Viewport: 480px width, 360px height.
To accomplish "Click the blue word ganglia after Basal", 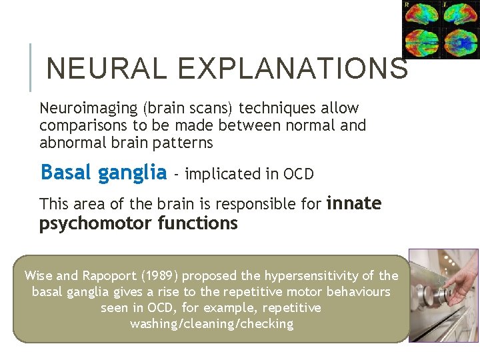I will pos(132,173).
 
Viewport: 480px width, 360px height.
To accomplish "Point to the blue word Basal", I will pos(67,173).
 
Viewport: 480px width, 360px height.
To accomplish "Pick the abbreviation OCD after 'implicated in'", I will pos(299,174).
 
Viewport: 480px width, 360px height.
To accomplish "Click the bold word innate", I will pos(354,203).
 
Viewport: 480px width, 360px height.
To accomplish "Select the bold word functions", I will pos(198,223).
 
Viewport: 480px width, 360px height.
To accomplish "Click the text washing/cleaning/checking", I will pos(211,324).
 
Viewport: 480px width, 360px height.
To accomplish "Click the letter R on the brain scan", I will pos(408,5).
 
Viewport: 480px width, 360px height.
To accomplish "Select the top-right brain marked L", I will pos(458,15).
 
